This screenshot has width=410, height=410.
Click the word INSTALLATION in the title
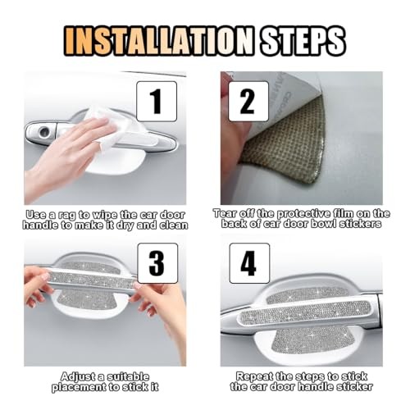(x=159, y=41)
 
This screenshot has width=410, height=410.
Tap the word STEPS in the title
(x=302, y=41)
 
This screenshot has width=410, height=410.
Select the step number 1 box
(x=157, y=102)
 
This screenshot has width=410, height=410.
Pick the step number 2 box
(x=248, y=102)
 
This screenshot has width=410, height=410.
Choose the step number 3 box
(x=157, y=263)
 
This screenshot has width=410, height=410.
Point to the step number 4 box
(x=249, y=263)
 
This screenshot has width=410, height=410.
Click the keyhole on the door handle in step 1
(x=44, y=132)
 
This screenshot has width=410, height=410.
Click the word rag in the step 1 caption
(x=66, y=215)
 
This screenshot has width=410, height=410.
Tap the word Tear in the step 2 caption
(x=225, y=213)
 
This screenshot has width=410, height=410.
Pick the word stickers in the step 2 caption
(x=360, y=224)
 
